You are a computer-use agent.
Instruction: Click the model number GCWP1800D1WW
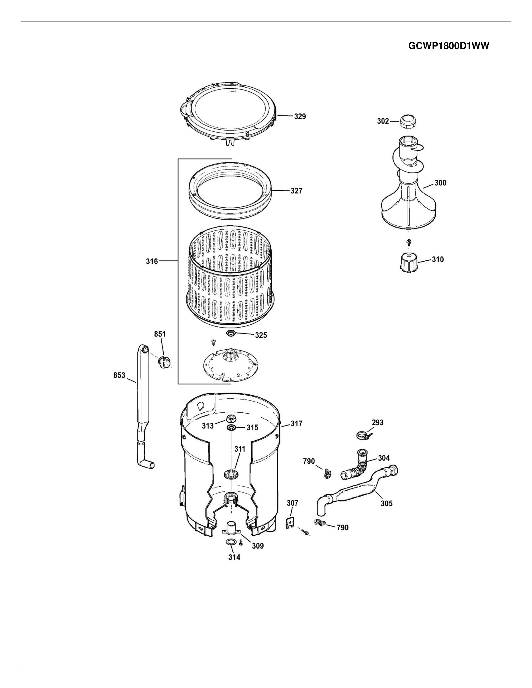449,46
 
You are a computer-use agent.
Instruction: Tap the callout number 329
300,117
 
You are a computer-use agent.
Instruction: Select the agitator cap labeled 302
408,121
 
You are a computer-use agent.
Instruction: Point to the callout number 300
440,183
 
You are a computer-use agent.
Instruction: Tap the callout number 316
152,261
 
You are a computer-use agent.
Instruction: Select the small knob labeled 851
165,361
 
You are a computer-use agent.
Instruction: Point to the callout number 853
120,375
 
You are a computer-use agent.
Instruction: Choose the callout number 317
296,424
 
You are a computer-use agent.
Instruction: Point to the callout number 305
386,503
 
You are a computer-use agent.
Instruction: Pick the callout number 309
257,546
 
